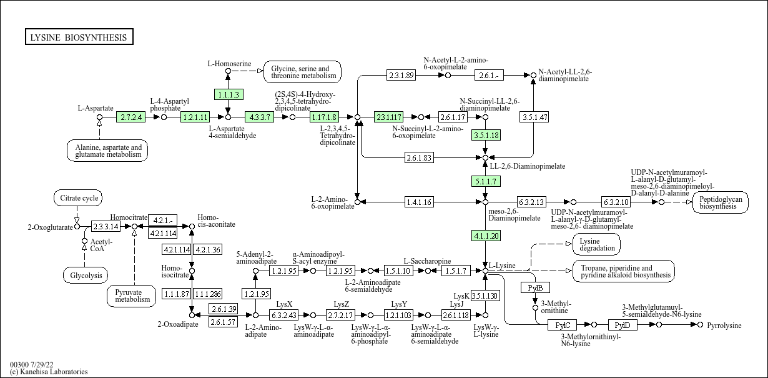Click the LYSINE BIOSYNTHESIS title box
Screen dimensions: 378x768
(79, 37)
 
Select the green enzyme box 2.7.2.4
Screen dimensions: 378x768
(131, 117)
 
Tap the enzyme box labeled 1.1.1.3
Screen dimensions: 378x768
(227, 94)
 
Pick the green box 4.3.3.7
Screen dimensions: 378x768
(260, 117)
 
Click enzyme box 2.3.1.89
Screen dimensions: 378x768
(401, 75)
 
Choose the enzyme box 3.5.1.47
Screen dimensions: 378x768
(534, 117)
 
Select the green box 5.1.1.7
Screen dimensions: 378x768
(485, 181)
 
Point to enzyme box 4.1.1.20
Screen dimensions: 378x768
(485, 236)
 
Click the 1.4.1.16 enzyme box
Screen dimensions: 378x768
(419, 202)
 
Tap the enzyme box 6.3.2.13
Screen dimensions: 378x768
(531, 202)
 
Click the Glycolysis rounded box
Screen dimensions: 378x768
(86, 275)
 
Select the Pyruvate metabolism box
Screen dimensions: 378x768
(132, 295)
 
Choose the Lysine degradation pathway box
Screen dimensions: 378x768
(596, 244)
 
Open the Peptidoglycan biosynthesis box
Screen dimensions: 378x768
(720, 202)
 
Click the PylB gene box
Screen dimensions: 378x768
(535, 287)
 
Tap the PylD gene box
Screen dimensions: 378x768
(623, 325)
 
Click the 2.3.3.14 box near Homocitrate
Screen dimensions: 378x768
(106, 226)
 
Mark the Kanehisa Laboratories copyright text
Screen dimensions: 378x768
(49, 372)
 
